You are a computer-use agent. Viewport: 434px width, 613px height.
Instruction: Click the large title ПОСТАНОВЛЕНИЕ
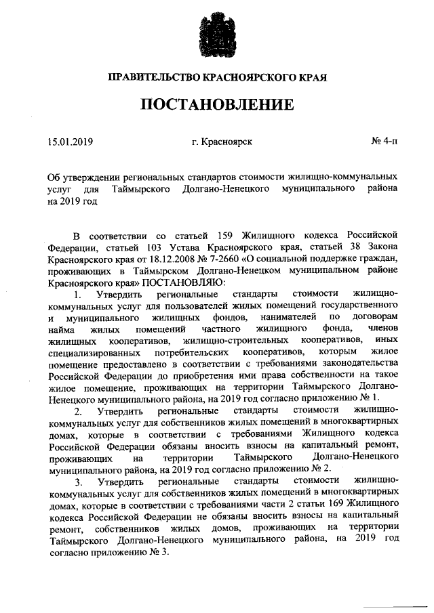(x=217, y=104)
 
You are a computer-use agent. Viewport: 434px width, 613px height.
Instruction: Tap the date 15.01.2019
(x=71, y=142)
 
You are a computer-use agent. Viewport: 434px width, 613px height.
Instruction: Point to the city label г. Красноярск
(x=222, y=142)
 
